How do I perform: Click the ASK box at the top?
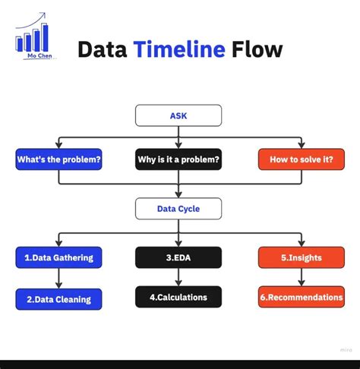(178, 115)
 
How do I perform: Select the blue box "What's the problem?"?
(58, 159)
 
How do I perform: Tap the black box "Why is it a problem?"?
(178, 159)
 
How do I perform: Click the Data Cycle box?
(178, 208)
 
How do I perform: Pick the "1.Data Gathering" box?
(58, 257)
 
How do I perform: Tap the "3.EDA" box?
(178, 257)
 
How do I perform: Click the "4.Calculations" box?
(178, 297)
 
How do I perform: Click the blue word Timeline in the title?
(179, 50)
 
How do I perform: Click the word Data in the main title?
(103, 50)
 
